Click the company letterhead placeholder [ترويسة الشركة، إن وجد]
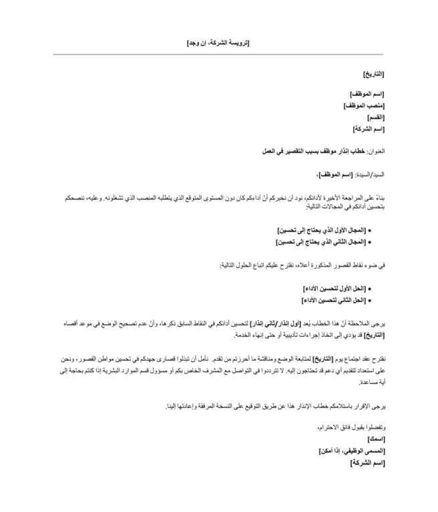pyautogui.click(x=218, y=43)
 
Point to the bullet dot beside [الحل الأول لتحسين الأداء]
pyautogui.click(x=369, y=289)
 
